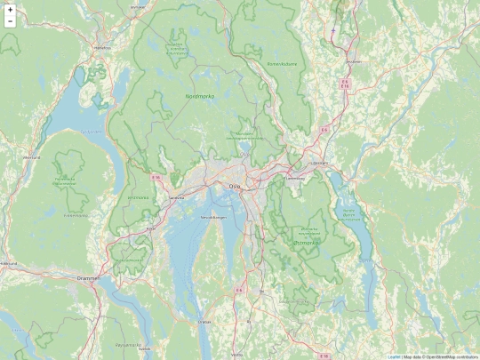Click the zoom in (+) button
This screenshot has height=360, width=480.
pyautogui.click(x=10, y=9)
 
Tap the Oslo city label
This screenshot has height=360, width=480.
pyautogui.click(x=235, y=186)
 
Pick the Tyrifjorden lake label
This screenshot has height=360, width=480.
pyautogui.click(x=92, y=132)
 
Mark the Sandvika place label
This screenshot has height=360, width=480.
pyautogui.click(x=176, y=197)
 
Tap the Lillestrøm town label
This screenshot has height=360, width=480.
pyautogui.click(x=320, y=164)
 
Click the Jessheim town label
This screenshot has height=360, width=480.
pyautogui.click(x=355, y=61)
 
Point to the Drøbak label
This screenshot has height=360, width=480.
pyautogui.click(x=205, y=321)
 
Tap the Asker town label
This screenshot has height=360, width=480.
pyautogui.click(x=150, y=228)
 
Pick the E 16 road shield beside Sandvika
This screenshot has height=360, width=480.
pyautogui.click(x=156, y=178)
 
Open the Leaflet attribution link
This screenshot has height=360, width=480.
pyautogui.click(x=393, y=356)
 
